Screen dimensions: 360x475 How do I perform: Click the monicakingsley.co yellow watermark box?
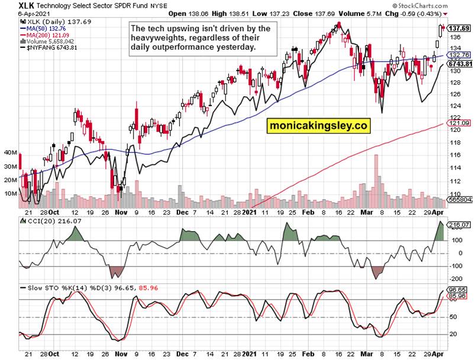(x=317, y=126)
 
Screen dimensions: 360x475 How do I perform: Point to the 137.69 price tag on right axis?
(x=460, y=28)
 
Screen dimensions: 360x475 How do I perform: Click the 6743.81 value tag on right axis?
(x=460, y=64)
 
